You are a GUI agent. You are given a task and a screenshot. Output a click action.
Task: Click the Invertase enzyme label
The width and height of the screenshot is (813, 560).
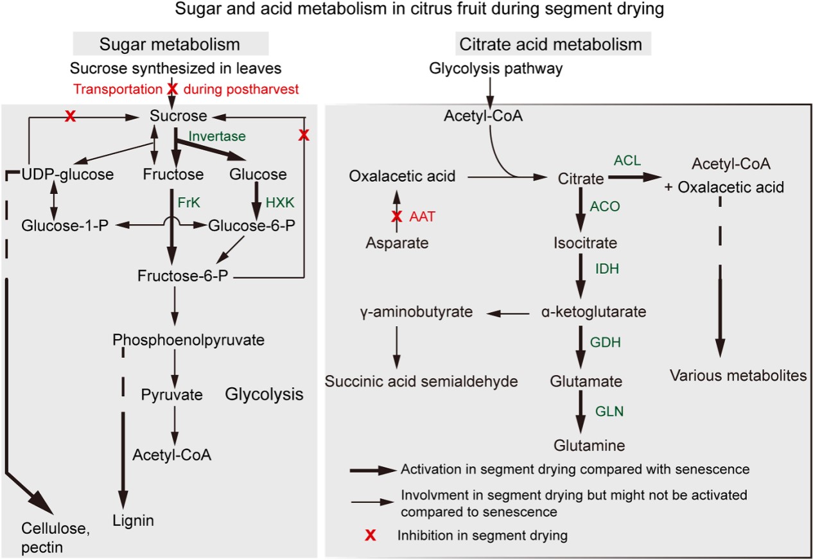point(217,137)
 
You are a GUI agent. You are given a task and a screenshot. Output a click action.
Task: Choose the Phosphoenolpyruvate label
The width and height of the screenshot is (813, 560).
point(188,340)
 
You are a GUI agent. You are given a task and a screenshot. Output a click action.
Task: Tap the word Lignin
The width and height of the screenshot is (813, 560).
point(133,520)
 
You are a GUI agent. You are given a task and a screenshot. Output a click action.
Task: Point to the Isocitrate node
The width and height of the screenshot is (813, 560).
point(584,243)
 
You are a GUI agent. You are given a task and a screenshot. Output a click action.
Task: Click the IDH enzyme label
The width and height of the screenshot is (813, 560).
point(607,269)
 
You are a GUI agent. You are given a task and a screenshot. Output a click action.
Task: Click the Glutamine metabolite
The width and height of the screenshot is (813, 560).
point(590,445)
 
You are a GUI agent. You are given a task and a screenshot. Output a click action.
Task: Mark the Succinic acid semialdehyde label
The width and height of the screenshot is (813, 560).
point(421,381)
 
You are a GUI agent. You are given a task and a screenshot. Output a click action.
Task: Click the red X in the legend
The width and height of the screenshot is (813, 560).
point(371,535)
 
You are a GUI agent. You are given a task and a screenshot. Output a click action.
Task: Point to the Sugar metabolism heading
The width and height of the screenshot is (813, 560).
point(169,44)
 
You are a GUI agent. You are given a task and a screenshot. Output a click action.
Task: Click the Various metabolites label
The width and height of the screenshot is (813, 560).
point(738,375)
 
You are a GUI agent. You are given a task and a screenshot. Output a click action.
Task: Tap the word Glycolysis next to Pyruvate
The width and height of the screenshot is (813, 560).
point(264,394)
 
